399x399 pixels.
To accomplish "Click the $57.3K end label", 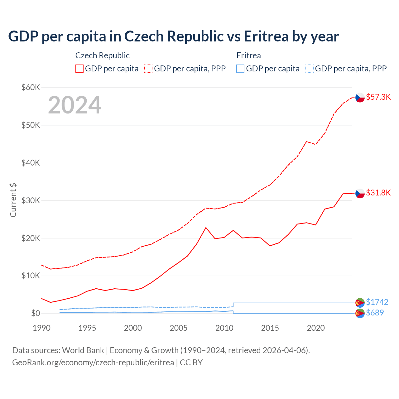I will point(378,97).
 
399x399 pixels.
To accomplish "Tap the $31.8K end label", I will point(378,193).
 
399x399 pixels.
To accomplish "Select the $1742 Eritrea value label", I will point(377,302).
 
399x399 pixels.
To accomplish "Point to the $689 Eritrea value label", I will point(375,313).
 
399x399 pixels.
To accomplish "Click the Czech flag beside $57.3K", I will point(360,98).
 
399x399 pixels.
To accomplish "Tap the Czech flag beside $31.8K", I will point(360,193).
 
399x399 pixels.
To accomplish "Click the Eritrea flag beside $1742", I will point(360,302).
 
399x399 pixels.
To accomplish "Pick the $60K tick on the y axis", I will point(31,87).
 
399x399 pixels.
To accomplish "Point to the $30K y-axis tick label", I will point(31,200).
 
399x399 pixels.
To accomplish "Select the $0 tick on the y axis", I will point(35,313).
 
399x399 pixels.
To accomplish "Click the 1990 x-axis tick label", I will point(41,328).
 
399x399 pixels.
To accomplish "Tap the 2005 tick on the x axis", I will point(179,328).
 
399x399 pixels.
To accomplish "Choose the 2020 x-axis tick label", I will point(316,328).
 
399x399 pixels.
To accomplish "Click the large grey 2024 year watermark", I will point(75,105).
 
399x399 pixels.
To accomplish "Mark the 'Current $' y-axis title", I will point(13,200).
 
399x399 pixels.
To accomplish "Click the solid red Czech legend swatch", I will point(79,69).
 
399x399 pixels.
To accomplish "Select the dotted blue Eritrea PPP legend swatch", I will point(310,69).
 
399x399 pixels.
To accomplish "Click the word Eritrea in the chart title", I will point(266,36).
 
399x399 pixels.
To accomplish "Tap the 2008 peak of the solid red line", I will point(206,228).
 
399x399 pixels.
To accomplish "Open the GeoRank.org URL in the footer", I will point(93,363).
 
